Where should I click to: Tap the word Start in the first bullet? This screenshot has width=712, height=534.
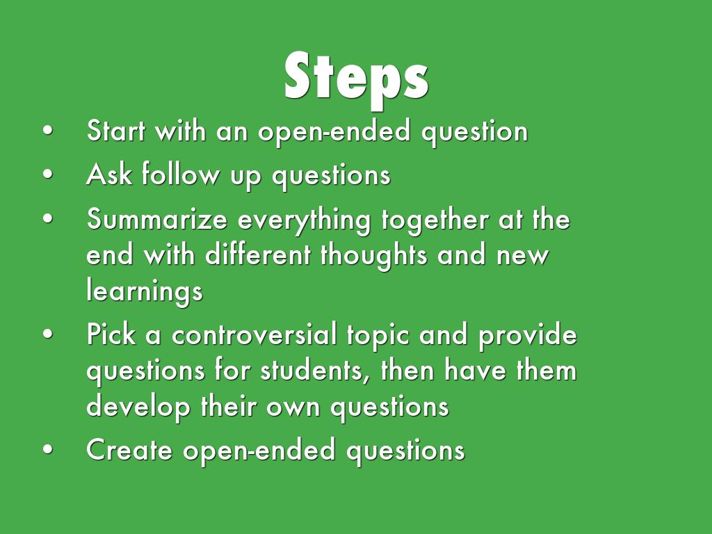click(115, 131)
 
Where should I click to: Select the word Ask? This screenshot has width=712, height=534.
click(109, 174)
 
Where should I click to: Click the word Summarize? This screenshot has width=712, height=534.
click(156, 218)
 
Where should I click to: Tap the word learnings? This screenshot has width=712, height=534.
click(145, 291)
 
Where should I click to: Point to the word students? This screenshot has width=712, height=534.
click(314, 370)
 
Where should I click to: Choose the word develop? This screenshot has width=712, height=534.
click(138, 407)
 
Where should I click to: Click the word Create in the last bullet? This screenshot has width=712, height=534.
click(129, 450)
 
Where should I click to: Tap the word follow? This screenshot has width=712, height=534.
click(180, 174)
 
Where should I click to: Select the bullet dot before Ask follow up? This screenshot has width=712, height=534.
click(48, 175)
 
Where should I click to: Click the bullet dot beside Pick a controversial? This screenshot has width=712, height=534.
click(48, 334)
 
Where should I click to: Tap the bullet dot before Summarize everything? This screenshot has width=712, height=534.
click(48, 219)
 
